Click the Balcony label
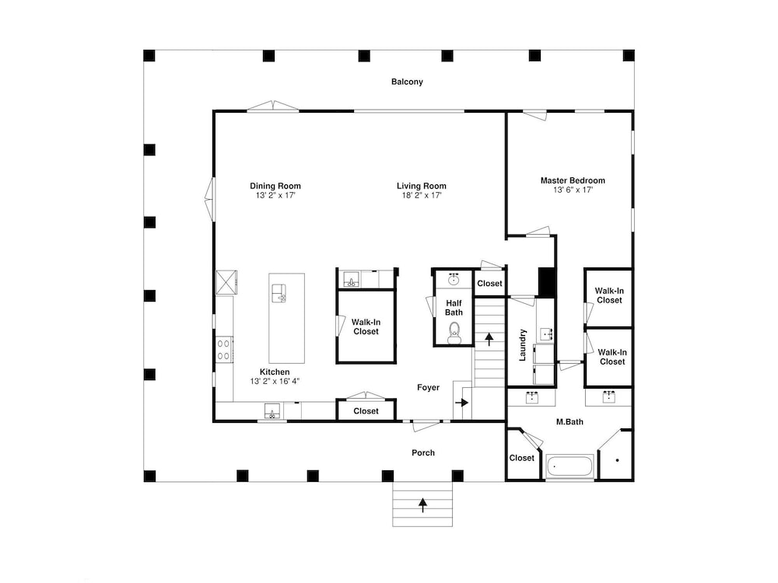pyautogui.click(x=407, y=82)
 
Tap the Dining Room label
pyautogui.click(x=275, y=186)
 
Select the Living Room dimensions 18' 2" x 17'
pyautogui.click(x=422, y=195)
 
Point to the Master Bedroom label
pyautogui.click(x=573, y=180)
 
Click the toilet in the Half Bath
pyautogui.click(x=454, y=333)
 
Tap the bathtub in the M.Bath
pyautogui.click(x=569, y=466)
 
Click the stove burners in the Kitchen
pyautogui.click(x=224, y=349)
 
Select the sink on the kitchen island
pyautogui.click(x=279, y=293)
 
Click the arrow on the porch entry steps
pyautogui.click(x=422, y=504)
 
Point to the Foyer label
pyautogui.click(x=428, y=388)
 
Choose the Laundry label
pyautogui.click(x=523, y=344)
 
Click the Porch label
pyautogui.click(x=423, y=452)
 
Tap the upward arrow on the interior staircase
pyautogui.click(x=489, y=339)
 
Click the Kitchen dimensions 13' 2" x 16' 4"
pyautogui.click(x=275, y=381)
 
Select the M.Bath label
pyautogui.click(x=569, y=422)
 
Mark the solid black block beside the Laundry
pyautogui.click(x=546, y=282)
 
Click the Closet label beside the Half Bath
pyautogui.click(x=489, y=283)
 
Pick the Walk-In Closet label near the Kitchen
pyautogui.click(x=366, y=326)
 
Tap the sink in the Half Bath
pyautogui.click(x=453, y=280)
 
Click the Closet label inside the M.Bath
pyautogui.click(x=522, y=458)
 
